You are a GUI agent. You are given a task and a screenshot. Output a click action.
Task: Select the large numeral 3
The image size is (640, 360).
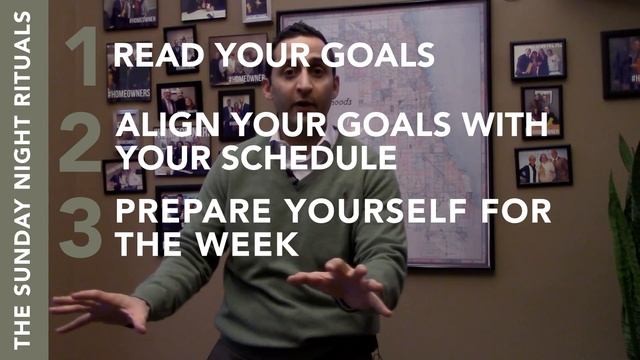pyautogui.click(x=81, y=227)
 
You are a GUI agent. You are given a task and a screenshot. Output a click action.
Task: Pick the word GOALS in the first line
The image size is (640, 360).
pyautogui.click(x=385, y=56)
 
